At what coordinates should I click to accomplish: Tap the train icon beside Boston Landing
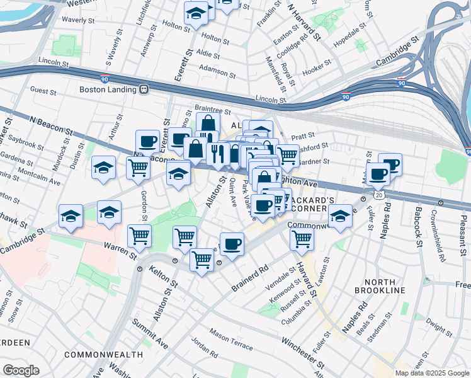coord(144,89)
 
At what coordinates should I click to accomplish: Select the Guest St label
coord(43,91)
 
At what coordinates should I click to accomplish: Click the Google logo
coord(21,370)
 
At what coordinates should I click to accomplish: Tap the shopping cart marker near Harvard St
coord(302,239)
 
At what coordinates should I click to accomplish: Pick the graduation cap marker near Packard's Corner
coord(340,215)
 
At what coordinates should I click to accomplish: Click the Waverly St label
coord(82,20)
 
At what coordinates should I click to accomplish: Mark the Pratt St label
coord(303,135)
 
